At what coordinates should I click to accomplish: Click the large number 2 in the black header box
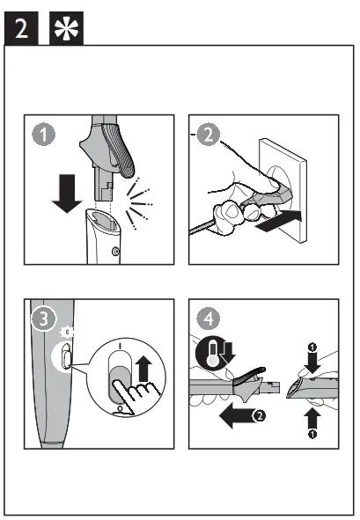21,28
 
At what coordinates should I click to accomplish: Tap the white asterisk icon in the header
66,28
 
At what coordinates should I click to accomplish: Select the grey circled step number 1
43,135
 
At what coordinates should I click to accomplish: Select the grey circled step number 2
208,135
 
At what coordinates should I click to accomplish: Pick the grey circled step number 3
44,319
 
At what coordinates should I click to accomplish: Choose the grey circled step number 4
208,319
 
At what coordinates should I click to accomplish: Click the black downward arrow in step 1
67,194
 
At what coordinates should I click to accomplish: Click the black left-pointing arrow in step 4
238,415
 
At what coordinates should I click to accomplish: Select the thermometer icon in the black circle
211,353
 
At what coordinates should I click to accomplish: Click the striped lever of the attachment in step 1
119,150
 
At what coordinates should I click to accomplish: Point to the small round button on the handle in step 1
115,251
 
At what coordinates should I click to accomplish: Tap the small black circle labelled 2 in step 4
259,415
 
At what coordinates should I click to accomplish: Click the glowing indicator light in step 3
68,332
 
